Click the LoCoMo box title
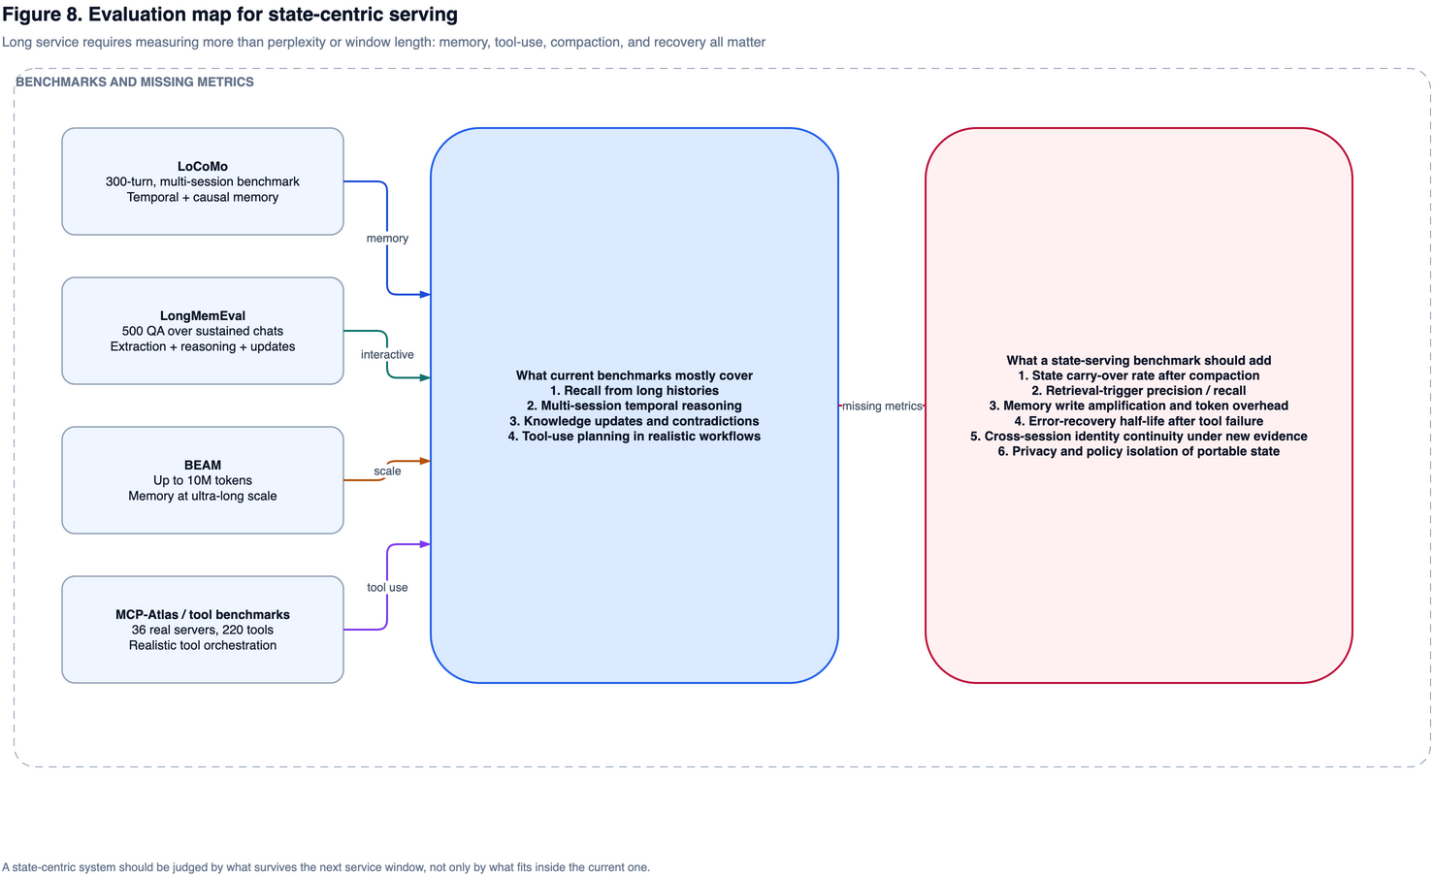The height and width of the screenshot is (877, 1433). point(202,166)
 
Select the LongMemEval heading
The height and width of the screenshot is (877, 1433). point(202,315)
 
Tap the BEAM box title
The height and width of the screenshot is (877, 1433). point(202,465)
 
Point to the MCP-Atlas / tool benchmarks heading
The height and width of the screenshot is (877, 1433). point(202,615)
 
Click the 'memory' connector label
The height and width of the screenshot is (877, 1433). point(387,238)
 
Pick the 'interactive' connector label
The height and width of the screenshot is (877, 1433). point(387,354)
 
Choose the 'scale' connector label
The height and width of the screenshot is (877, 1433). point(387,471)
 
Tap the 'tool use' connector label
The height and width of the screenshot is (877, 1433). point(387,587)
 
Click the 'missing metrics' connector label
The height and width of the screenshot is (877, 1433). point(882,406)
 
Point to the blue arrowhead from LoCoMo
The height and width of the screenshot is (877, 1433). point(425,294)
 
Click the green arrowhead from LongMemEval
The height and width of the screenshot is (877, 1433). point(425,378)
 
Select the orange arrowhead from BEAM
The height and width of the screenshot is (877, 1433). point(425,461)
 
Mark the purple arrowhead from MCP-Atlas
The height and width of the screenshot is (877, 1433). point(425,544)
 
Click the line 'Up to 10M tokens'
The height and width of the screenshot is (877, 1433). point(202,480)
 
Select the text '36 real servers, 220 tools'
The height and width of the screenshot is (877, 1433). point(202,630)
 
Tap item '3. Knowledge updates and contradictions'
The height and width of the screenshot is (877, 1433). point(634,421)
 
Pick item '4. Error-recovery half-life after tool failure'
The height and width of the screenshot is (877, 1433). point(1139,421)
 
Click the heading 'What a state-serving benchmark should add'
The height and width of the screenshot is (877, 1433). point(1139,360)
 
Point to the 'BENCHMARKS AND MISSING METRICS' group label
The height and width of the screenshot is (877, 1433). point(135,81)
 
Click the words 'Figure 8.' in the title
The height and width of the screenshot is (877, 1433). point(43,15)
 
